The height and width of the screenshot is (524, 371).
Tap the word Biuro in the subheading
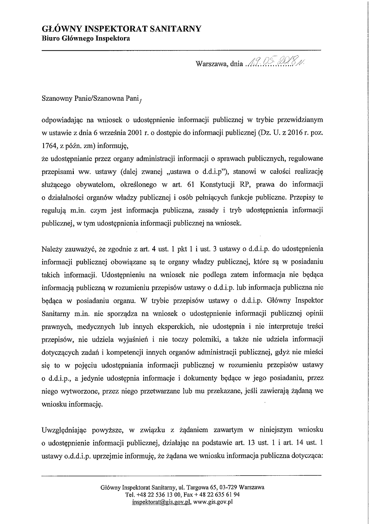pos(51,39)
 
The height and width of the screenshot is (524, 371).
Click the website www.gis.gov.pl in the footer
pos(213,502)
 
